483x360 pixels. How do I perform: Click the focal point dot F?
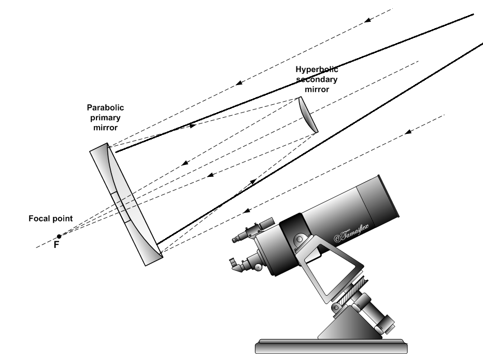[59, 237]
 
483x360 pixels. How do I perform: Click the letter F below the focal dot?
[56, 245]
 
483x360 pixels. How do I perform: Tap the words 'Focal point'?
[50, 218]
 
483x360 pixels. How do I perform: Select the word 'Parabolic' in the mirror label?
[105, 108]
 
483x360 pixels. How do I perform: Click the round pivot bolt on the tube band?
[300, 239]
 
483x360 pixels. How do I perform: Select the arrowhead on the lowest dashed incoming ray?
[248, 211]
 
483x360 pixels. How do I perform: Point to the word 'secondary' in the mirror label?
[317, 79]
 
